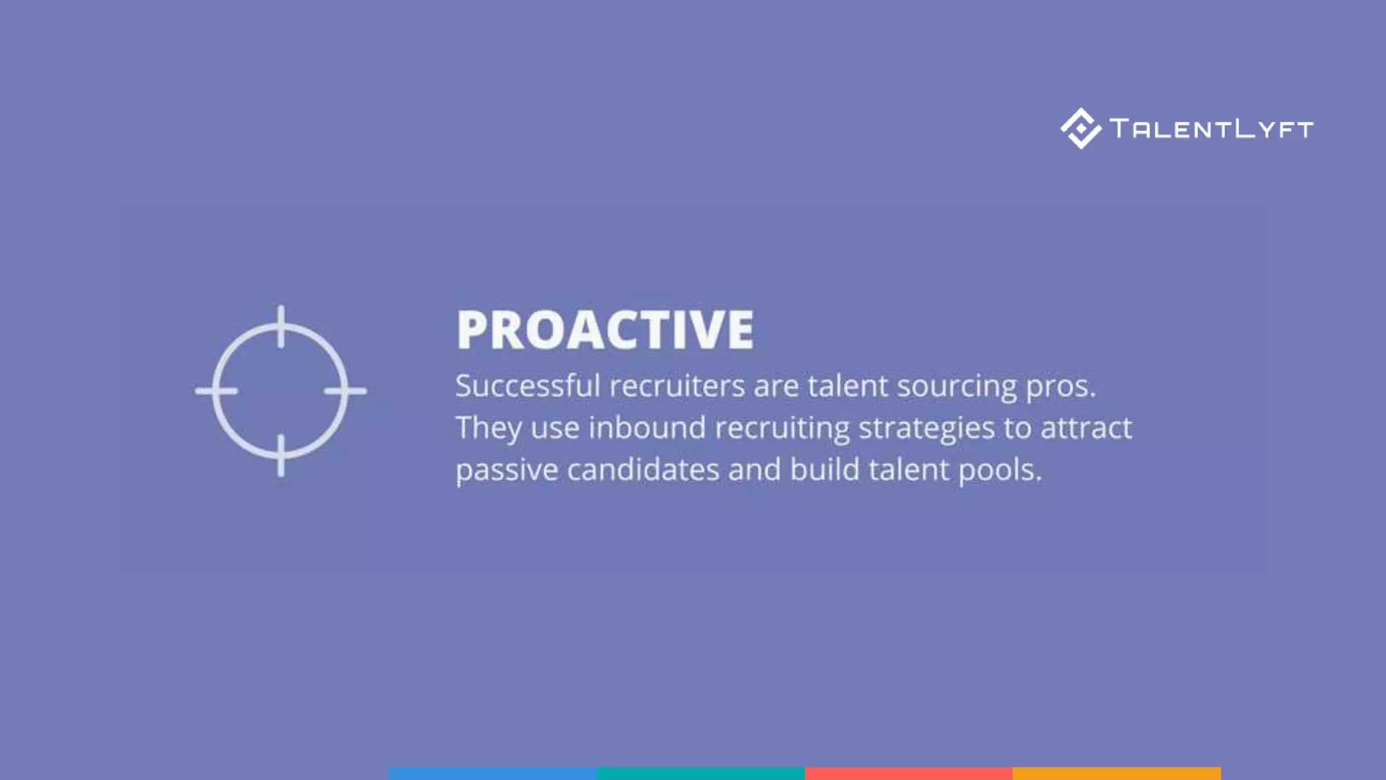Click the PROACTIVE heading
tap(605, 330)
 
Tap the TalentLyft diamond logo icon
tap(1081, 128)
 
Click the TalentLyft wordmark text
tap(1211, 129)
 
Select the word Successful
tap(528, 386)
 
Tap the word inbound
tap(647, 428)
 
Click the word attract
tap(1086, 428)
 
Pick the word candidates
tap(643, 470)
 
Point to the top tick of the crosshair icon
tap(281, 326)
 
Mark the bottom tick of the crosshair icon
tap(281, 455)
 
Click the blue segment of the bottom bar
tap(493, 773)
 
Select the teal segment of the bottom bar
tap(700, 773)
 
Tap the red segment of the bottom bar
tap(908, 773)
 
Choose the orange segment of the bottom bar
tap(1117, 773)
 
